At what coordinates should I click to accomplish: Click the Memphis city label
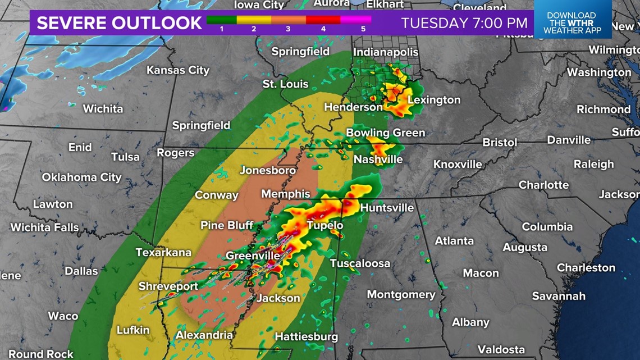285,194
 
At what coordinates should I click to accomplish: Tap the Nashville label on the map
378,160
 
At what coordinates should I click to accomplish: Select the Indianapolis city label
386,52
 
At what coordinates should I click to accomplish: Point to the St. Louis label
285,84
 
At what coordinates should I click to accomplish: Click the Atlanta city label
454,240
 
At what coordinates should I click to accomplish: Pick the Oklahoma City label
81,177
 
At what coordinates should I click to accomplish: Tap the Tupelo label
324,226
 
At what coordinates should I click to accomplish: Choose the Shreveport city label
168,286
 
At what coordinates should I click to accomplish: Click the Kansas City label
177,70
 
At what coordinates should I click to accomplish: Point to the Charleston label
586,268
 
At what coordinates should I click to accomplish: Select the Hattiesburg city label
306,337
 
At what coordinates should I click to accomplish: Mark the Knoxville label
458,165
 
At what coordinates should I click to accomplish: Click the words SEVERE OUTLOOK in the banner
119,23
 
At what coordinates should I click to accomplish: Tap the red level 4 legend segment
323,20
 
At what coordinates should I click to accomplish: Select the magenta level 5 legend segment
356,20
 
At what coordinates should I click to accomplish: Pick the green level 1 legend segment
222,20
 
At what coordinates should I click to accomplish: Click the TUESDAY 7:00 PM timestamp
464,23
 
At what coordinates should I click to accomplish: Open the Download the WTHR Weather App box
572,23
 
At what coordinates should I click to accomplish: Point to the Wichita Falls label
44,227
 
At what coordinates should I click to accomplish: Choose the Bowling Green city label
385,133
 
